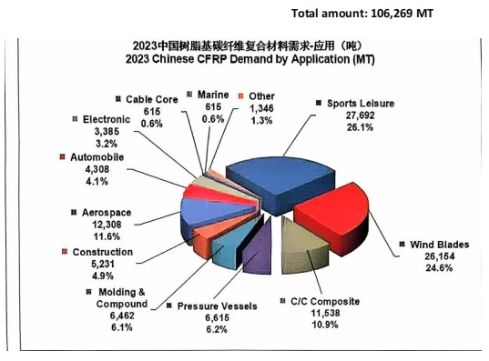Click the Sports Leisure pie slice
coord(280,184)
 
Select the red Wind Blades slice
coord(333,215)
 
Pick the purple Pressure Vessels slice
coord(258,249)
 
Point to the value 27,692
coord(360,115)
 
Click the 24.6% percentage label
coord(439,268)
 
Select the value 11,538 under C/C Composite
coord(325,313)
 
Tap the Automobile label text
coord(97,157)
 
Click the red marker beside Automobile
coord(62,157)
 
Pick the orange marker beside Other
coord(240,96)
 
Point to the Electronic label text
coord(107,120)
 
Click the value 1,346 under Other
coord(261,108)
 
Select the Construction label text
coord(103,252)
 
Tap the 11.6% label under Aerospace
coord(107,236)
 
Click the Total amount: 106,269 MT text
coord(362,14)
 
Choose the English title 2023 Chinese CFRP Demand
coord(250,59)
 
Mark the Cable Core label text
coord(152,99)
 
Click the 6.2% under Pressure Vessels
coord(217,329)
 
